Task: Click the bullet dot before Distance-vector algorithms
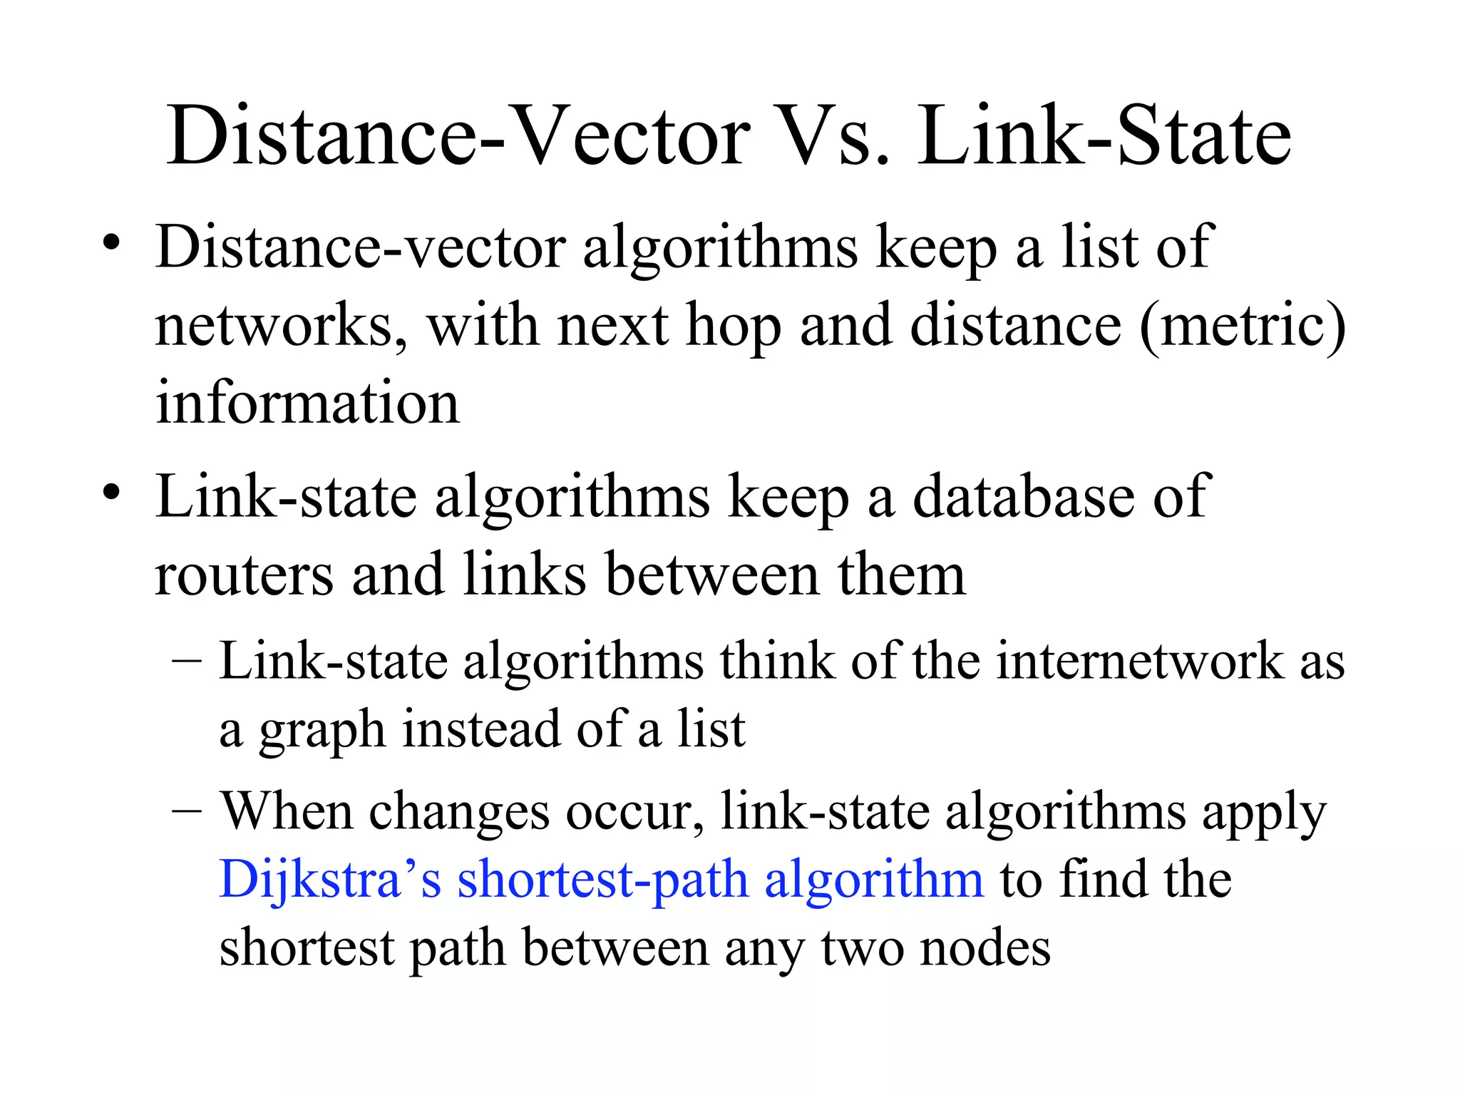110,243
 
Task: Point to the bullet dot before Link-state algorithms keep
110,492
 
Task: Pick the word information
307,403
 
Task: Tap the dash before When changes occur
187,812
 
